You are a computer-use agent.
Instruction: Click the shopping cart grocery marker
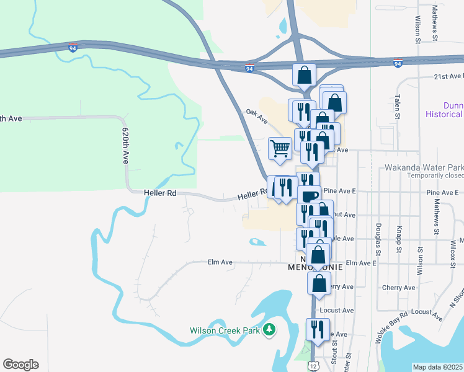280,149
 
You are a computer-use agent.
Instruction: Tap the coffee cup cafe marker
310,196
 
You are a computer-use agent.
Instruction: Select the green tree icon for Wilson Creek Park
269,329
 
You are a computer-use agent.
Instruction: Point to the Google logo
20,365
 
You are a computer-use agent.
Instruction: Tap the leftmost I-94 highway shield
73,47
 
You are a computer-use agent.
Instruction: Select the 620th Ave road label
125,146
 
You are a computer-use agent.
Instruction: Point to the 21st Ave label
446,76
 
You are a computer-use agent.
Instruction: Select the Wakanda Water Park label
423,167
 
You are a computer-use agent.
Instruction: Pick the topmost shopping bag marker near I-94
304,75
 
